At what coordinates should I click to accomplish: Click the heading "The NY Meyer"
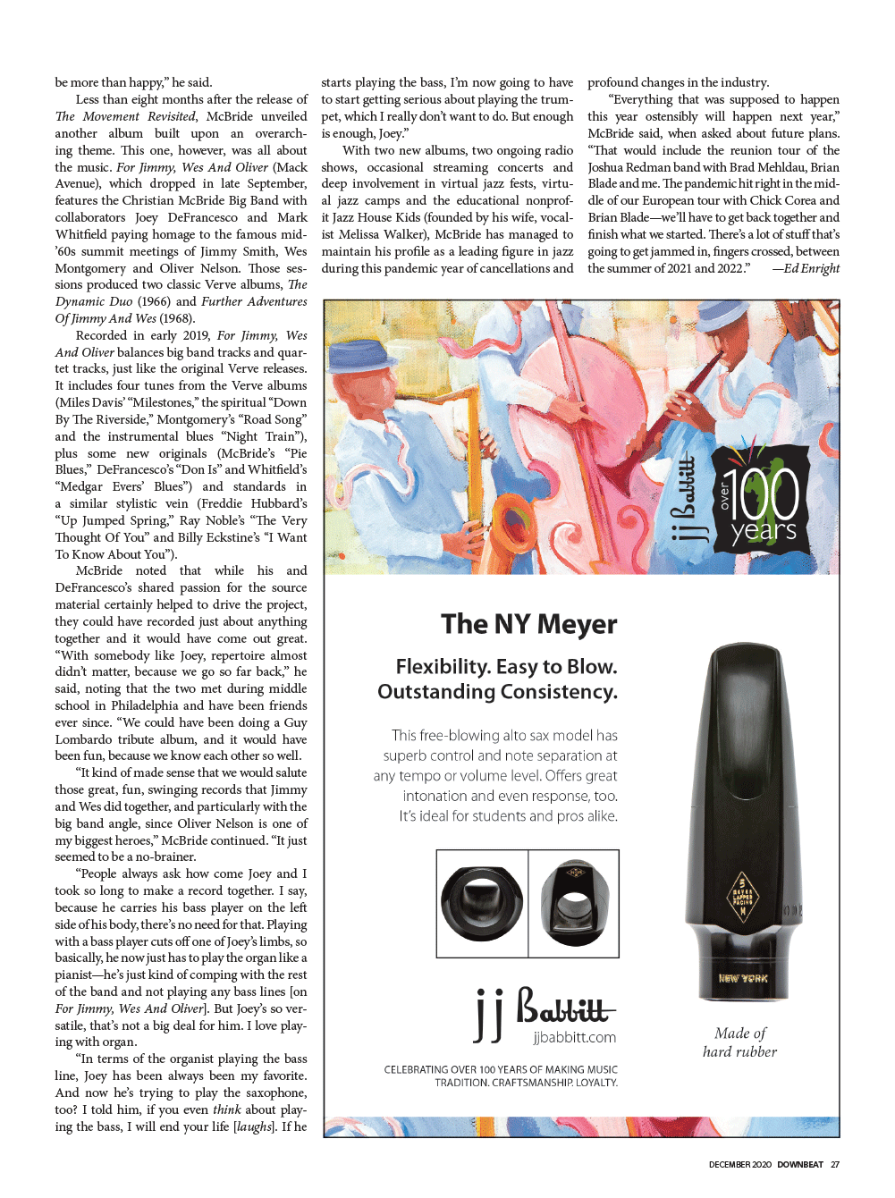528,624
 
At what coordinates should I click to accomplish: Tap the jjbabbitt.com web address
574,1037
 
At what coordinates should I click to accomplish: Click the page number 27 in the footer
835,1164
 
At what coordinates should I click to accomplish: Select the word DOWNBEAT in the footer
799,1164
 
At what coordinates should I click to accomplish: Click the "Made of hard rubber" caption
739,1042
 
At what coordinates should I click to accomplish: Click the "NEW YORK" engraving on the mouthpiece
743,978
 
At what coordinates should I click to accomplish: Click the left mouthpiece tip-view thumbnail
482,902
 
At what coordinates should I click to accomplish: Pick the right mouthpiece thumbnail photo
573,902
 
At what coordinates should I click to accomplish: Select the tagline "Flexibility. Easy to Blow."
506,667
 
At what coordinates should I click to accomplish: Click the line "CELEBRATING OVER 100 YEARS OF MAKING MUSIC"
501,1069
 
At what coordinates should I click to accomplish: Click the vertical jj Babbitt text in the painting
683,501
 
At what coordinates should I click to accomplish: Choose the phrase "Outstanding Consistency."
497,692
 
